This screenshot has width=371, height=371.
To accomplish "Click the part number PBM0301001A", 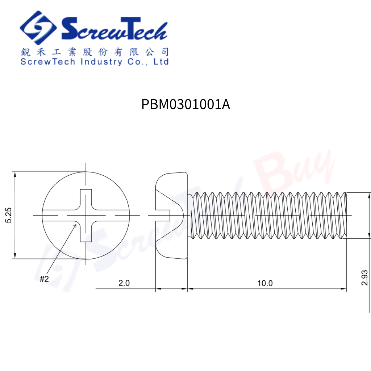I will [185, 105].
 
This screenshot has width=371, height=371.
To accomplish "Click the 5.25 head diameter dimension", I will [9, 215].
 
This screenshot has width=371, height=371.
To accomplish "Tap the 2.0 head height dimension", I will [124, 283].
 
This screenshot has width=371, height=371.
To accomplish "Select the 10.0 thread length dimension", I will [265, 283].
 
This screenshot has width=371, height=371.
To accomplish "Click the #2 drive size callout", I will [44, 279].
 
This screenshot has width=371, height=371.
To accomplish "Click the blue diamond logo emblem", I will [38, 28].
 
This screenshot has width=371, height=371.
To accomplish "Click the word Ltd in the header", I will [161, 62].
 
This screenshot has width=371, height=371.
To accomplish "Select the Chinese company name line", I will [94, 52].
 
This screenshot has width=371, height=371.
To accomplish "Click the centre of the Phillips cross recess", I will [86, 216].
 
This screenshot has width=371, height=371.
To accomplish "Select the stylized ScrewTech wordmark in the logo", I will [114, 29].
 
